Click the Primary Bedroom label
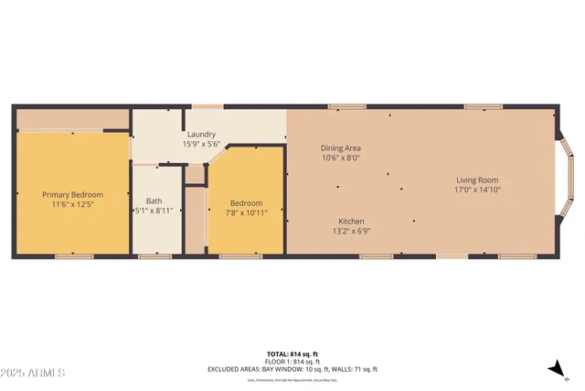(72, 195)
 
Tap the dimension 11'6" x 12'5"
(72, 204)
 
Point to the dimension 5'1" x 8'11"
(154, 211)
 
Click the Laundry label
(201, 135)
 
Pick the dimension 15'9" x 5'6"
(201, 144)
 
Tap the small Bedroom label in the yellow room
(246, 203)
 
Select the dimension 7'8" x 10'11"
(246, 212)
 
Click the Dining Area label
(340, 148)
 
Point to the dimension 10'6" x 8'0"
(340, 157)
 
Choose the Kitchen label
(353, 222)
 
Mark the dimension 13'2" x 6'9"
(353, 231)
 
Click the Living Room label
(476, 180)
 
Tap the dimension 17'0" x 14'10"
(476, 190)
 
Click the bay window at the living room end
(566, 181)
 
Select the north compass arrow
(555, 368)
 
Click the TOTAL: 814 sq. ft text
(292, 353)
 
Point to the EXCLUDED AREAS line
(292, 369)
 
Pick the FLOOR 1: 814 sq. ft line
(292, 362)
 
